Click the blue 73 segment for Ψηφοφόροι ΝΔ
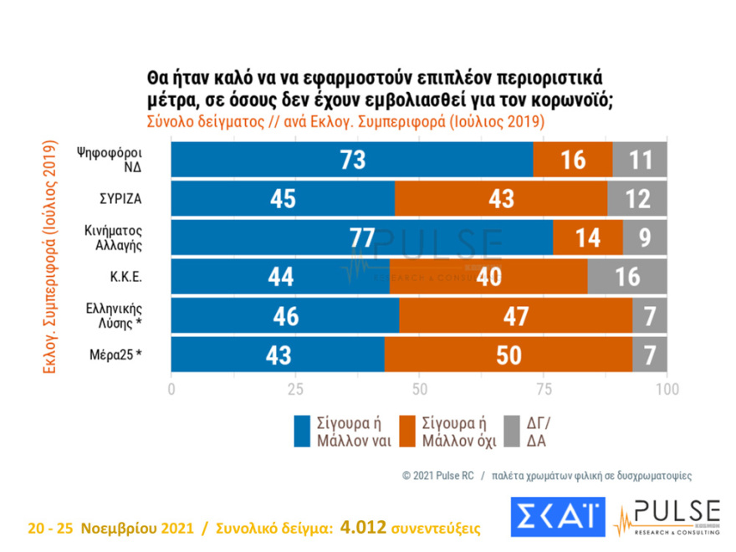point(352,160)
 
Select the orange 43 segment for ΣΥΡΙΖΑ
point(501,199)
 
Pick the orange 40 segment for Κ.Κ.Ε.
point(488,277)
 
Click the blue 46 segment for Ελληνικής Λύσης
point(285,316)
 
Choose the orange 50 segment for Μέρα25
point(508,355)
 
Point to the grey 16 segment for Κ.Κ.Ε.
point(627,277)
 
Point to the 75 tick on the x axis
point(544,389)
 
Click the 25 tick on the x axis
point(295,389)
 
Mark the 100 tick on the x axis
point(667,389)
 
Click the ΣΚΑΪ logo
point(558,518)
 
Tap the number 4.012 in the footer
point(369,528)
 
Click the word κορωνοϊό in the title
point(569,100)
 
